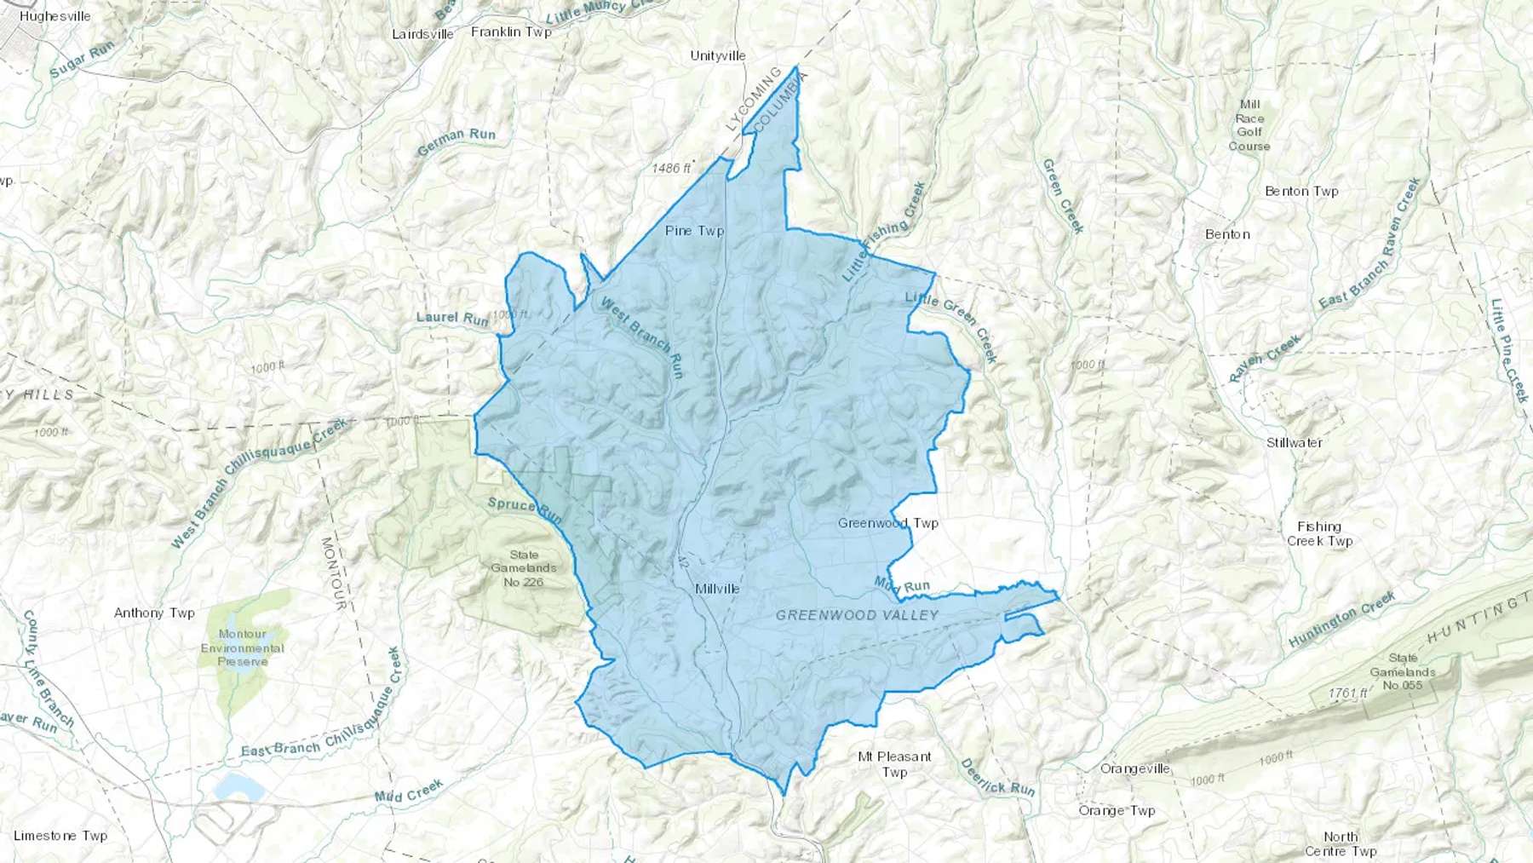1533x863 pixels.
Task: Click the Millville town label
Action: coord(717,589)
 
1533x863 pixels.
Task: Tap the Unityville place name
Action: coord(718,56)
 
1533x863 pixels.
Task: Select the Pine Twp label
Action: coord(694,231)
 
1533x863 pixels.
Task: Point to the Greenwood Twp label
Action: coord(887,523)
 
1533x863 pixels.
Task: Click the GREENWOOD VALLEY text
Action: coord(857,615)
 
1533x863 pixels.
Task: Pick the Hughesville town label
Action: coord(55,16)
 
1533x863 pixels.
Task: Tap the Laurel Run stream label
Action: coord(452,318)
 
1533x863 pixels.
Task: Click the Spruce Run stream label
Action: coord(525,510)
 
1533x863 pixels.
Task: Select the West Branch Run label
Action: coord(642,337)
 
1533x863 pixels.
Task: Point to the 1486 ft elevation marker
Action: coord(671,168)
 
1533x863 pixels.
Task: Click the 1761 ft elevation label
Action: coord(1347,693)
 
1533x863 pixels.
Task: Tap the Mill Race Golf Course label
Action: coord(1249,125)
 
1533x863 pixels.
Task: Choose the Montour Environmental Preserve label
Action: coord(243,647)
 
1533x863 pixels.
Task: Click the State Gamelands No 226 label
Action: coord(523,568)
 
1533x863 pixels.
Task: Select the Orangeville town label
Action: coord(1135,768)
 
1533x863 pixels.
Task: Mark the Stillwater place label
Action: coord(1294,443)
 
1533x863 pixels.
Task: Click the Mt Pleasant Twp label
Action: coord(894,764)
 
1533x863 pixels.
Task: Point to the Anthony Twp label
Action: coord(154,613)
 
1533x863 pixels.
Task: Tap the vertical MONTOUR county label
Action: coord(333,572)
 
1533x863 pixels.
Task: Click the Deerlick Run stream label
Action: coord(997,777)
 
